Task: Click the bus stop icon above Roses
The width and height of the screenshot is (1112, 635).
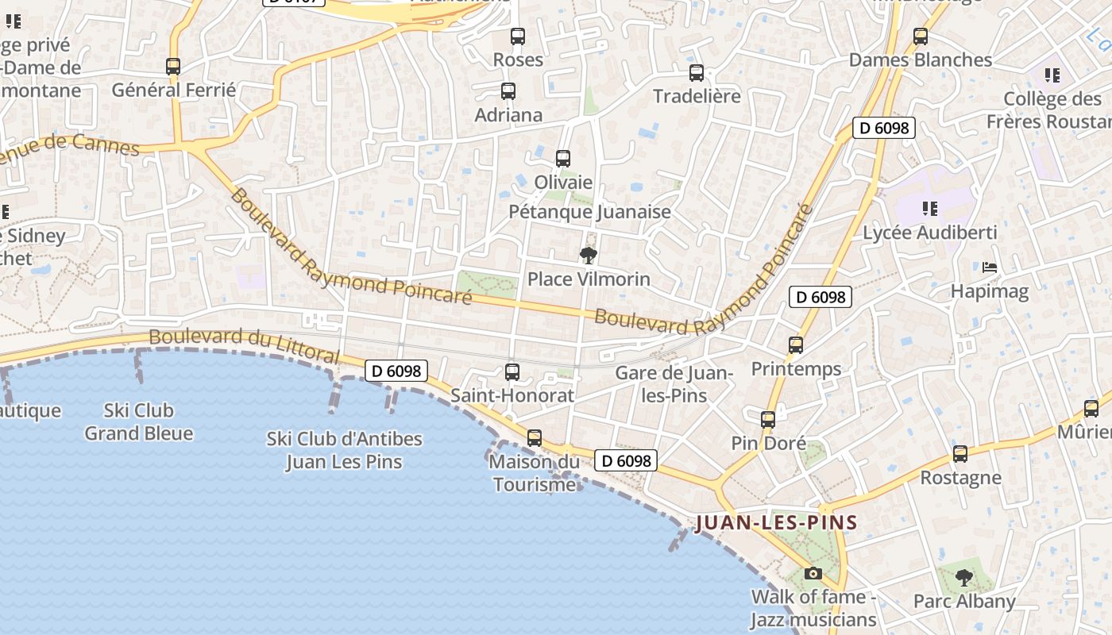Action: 518,37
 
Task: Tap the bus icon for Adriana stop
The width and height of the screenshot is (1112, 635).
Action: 508,91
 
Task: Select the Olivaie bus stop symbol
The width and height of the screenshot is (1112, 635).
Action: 563,159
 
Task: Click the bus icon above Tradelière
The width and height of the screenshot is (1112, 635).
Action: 697,73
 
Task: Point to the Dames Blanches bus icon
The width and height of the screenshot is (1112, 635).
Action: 921,37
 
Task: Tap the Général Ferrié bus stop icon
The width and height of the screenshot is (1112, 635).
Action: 173,67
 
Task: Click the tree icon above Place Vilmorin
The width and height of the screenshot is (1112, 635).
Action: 589,256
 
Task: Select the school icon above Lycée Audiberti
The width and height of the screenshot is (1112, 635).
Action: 929,210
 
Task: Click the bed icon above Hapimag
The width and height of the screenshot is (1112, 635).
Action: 989,267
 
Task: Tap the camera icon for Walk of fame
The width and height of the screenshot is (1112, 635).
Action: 813,573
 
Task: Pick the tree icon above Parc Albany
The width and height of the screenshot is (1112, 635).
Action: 963,577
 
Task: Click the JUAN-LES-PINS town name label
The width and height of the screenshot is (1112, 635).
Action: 776,522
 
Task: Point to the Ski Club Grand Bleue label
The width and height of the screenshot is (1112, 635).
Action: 139,421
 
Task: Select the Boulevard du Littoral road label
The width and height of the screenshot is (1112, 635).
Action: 245,345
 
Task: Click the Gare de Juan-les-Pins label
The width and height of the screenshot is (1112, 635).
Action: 674,383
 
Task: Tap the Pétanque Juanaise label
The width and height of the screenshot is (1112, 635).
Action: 589,212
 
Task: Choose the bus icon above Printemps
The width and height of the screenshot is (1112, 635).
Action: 796,345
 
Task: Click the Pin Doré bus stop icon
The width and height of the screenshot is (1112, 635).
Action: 768,420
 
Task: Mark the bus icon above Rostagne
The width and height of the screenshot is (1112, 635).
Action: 960,454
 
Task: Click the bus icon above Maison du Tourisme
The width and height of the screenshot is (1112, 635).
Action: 535,438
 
